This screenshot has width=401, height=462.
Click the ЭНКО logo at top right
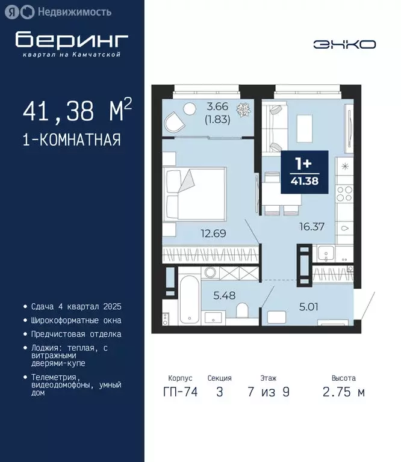pos(344,44)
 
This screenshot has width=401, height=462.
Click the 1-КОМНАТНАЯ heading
pos(71,140)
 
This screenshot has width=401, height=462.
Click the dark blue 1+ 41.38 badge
pos(305,172)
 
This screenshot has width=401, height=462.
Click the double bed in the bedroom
pos(195,189)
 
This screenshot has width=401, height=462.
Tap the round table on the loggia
pos(189,108)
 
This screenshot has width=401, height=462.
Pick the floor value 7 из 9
pos(269,392)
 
